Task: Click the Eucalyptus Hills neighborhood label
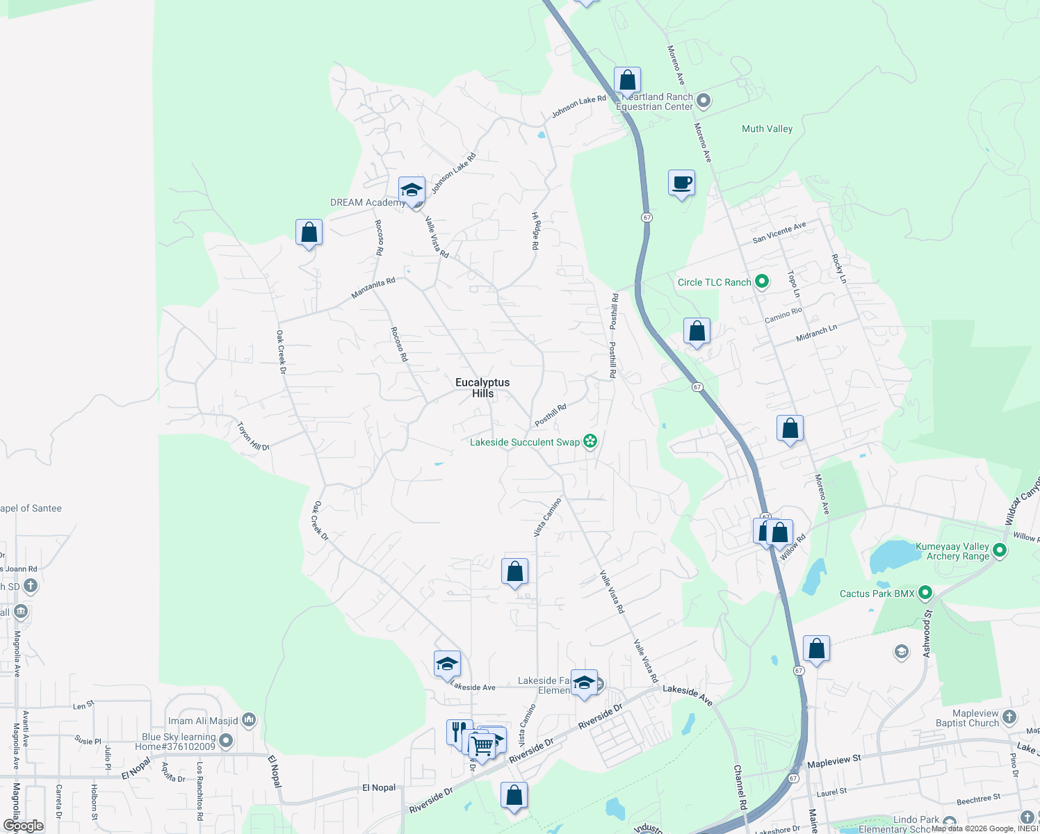pos(482,388)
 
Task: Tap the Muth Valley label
pos(767,129)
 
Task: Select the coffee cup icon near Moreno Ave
pos(681,183)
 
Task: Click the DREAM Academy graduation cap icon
pos(412,190)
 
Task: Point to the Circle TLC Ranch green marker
pos(762,281)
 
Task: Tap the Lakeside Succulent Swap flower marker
pos(590,441)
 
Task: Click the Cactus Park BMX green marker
pos(925,594)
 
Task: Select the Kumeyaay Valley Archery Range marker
pos(1000,551)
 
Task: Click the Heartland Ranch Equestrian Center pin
pos(704,101)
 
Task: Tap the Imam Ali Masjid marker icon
pos(249,720)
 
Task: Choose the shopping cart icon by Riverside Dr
pos(482,746)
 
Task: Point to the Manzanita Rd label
pos(373,288)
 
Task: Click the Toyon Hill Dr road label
pos(253,437)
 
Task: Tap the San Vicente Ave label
pos(779,232)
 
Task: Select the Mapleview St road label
pos(834,761)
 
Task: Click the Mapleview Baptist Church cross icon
pos(1009,717)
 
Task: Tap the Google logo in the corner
pos(23,826)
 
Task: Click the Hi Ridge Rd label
pos(535,231)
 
